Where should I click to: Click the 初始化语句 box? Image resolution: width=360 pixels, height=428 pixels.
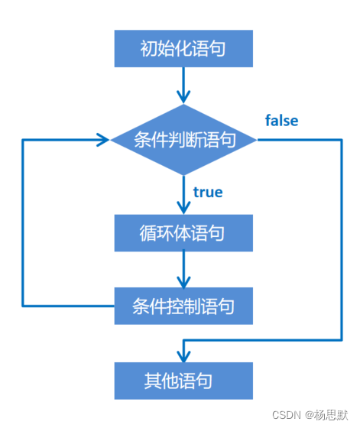[x=183, y=49]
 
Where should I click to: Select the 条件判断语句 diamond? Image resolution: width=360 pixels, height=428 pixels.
[x=183, y=140]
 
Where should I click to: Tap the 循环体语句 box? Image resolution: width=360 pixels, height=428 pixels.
[x=183, y=232]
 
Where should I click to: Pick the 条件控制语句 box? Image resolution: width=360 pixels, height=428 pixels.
[x=183, y=306]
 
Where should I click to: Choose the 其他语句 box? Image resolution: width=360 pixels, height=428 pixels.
[x=183, y=380]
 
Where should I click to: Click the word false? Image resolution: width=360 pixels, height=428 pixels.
[x=281, y=121]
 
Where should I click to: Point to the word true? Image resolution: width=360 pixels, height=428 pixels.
[x=208, y=192]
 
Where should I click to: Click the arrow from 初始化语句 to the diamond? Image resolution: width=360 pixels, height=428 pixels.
[x=183, y=84]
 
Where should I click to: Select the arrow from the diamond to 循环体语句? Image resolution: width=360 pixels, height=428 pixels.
[x=183, y=194]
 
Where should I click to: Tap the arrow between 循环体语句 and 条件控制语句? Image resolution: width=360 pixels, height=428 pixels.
[x=183, y=269]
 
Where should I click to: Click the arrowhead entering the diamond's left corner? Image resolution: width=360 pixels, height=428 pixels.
[x=104, y=140]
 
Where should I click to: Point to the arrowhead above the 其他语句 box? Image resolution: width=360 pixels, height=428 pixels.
[x=183, y=355]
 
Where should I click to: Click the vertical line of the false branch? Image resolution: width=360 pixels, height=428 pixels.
[x=342, y=237]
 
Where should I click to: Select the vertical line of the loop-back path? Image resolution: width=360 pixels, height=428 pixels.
[x=23, y=222]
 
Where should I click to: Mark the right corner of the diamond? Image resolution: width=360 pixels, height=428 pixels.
[x=256, y=140]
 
